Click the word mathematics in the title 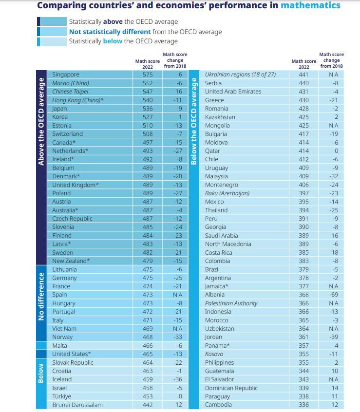coord(311,5)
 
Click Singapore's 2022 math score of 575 coord(148,75)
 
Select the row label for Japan coord(59,109)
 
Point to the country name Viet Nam coord(64,328)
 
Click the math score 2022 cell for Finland coord(148,235)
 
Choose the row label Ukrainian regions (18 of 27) coord(241,75)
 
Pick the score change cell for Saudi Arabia coord(335,235)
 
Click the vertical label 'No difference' coord(41,297)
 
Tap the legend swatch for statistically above coord(52,21)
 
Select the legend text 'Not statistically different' coord(110,32)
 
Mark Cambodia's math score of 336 coord(304,405)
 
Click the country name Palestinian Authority coord(231,303)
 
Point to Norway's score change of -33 coord(178,337)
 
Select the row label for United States coord(72,354)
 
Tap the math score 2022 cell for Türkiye coord(148,396)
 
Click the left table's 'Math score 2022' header coord(148,64)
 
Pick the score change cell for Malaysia coord(334,176)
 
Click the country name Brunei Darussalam coord(77,405)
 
